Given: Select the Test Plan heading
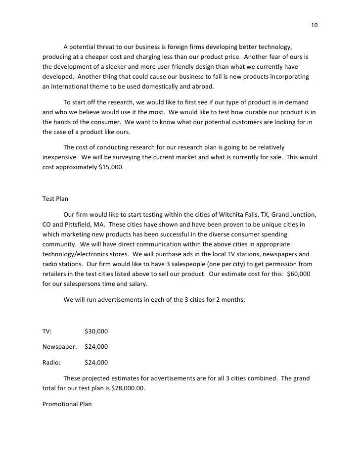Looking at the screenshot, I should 55,199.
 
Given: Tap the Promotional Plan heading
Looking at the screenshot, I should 68,404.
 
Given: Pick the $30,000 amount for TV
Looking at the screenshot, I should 96,331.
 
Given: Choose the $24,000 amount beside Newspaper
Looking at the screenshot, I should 96,346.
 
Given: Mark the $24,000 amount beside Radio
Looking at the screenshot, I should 96,362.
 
